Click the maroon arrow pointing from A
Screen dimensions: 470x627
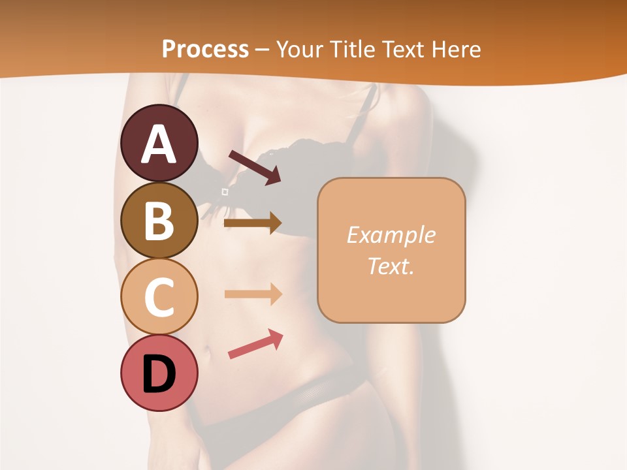255,167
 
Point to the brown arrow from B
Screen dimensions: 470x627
253,223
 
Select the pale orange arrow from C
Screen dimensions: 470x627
253,294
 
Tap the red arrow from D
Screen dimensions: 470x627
255,344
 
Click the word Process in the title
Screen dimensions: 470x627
205,49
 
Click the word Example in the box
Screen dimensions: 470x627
391,236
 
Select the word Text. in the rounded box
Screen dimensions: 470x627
391,266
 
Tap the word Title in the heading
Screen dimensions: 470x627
352,49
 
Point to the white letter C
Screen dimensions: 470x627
159,297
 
